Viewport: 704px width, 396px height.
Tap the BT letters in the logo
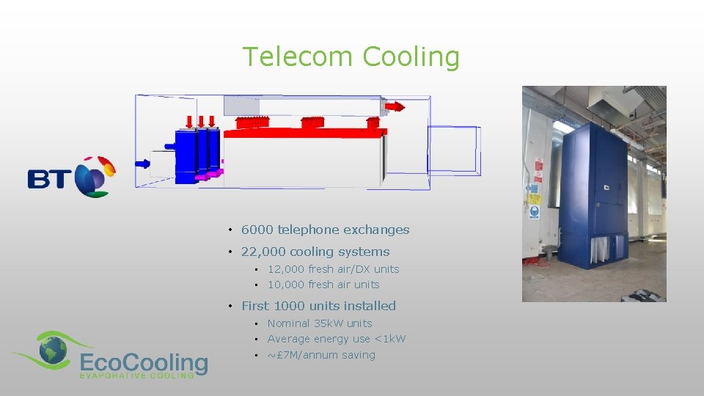49,178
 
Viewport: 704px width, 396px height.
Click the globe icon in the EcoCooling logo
53,351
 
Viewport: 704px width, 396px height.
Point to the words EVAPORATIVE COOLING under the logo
136,375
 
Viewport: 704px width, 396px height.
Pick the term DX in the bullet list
362,269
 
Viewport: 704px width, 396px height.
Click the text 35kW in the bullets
329,323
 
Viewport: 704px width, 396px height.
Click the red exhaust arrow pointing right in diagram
395,106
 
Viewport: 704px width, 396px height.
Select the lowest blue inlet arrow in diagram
142,164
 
